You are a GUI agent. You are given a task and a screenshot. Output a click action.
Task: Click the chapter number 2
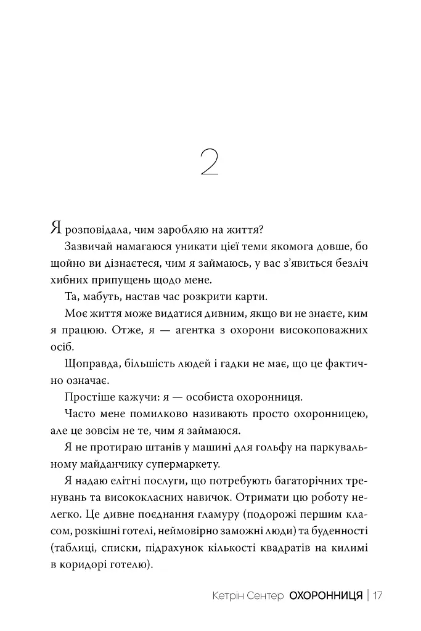210,161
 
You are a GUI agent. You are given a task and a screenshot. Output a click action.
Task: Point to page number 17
378,596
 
